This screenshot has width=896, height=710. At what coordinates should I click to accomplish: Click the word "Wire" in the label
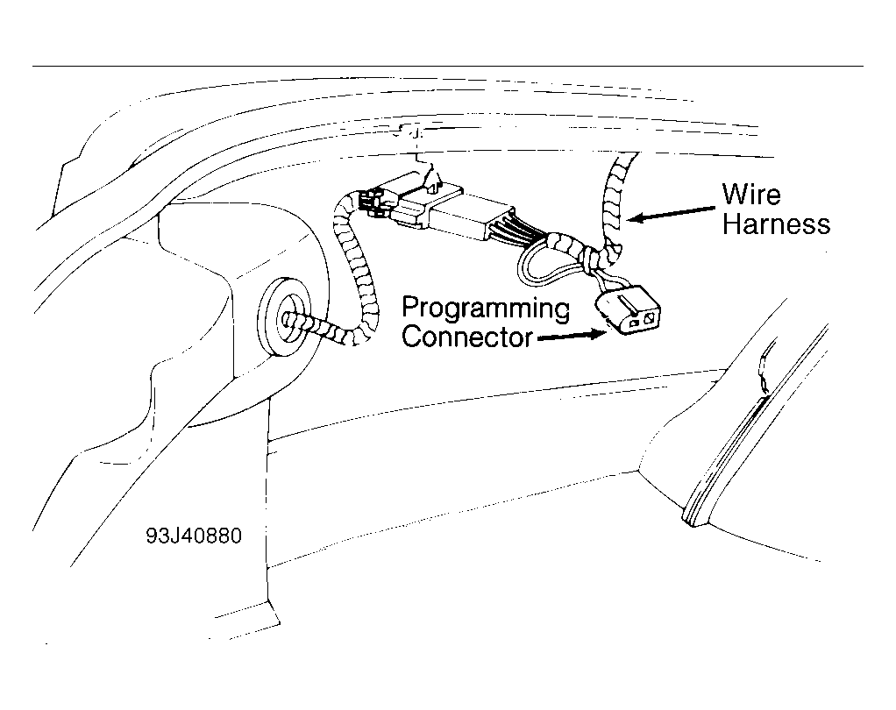(x=750, y=194)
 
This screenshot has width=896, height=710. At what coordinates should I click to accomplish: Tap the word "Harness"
(x=777, y=224)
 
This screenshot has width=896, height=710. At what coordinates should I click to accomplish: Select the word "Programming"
(x=485, y=309)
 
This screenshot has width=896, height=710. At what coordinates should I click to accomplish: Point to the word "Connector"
(x=466, y=337)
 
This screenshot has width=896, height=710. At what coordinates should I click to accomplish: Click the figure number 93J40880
(x=194, y=534)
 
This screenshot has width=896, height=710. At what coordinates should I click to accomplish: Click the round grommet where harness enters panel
(x=286, y=316)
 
